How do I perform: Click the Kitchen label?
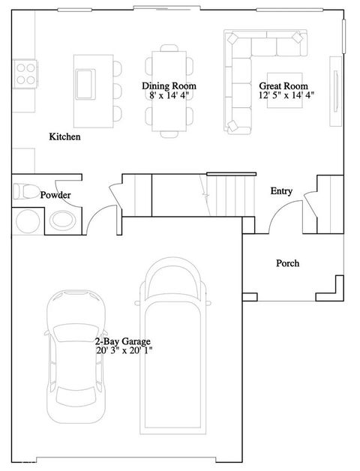tap(64, 137)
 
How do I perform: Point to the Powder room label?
tap(55, 195)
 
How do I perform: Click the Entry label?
tap(281, 191)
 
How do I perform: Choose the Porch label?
tap(287, 263)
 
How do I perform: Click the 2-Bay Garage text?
tap(123, 341)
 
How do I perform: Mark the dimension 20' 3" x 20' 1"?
tap(124, 350)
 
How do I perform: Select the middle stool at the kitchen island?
tap(118, 90)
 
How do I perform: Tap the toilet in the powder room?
tap(25, 190)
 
